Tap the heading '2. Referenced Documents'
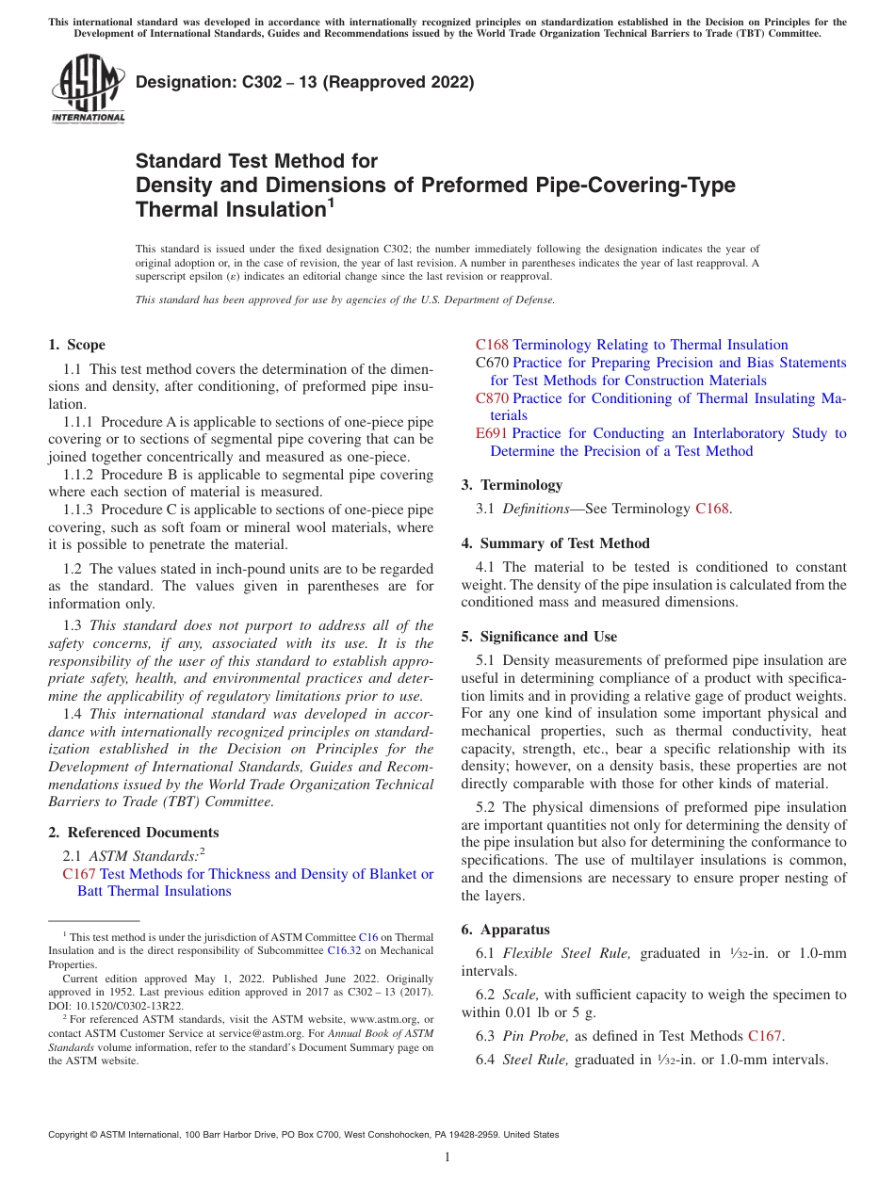pyautogui.click(x=133, y=833)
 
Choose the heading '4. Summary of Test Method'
pyautogui.click(x=555, y=543)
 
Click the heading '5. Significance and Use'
pyautogui.click(x=539, y=637)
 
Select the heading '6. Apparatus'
pyautogui.click(x=505, y=930)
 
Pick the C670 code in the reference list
pyautogui.click(x=492, y=363)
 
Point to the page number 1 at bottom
pyautogui.click(x=447, y=1157)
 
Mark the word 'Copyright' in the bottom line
pyautogui.click(x=71, y=1135)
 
